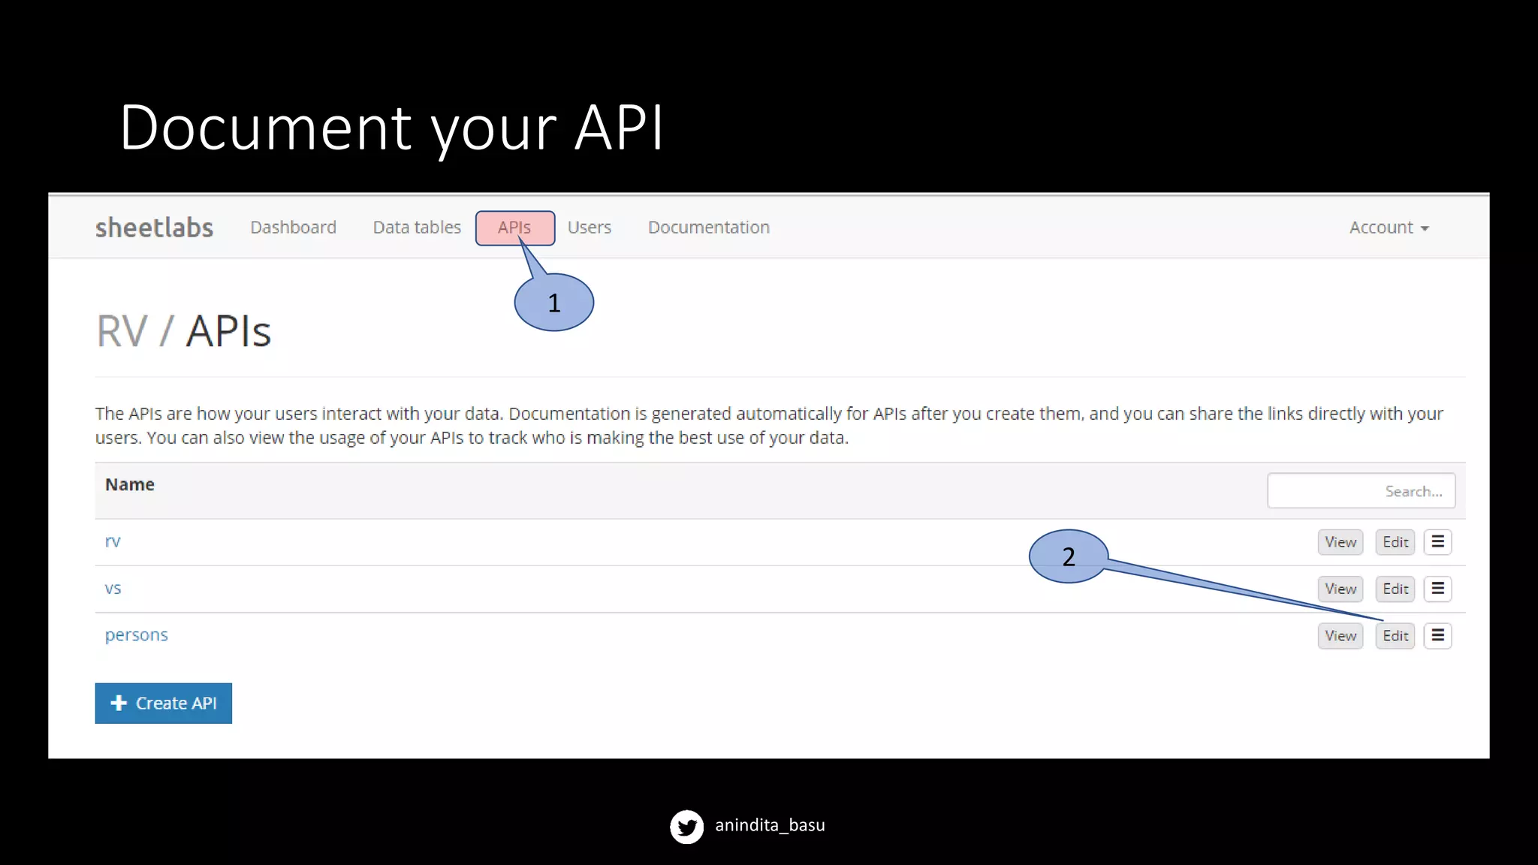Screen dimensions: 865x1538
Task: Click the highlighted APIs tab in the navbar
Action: (514, 228)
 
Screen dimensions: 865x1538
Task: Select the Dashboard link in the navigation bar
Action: (293, 228)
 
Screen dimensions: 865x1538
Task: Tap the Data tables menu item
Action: (417, 228)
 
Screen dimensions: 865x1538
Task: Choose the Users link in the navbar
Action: (589, 228)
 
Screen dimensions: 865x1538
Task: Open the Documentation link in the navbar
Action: (708, 228)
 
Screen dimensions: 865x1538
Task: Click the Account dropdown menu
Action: (1388, 228)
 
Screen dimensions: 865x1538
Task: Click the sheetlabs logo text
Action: (154, 228)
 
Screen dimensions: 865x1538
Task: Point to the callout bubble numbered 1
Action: (554, 303)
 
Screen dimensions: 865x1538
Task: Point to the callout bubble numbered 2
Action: (1068, 556)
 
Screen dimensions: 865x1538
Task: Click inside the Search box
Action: (1360, 491)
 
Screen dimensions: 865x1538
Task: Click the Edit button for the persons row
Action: (1395, 636)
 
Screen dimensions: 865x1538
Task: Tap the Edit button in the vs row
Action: (1395, 589)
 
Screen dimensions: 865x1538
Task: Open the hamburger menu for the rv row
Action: (1437, 542)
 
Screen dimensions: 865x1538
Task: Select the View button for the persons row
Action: (1340, 636)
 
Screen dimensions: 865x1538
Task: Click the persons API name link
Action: (136, 635)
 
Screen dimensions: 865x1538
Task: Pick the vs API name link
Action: (113, 589)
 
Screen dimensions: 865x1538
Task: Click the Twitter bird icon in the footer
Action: (686, 827)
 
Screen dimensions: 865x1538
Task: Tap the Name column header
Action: (130, 485)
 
